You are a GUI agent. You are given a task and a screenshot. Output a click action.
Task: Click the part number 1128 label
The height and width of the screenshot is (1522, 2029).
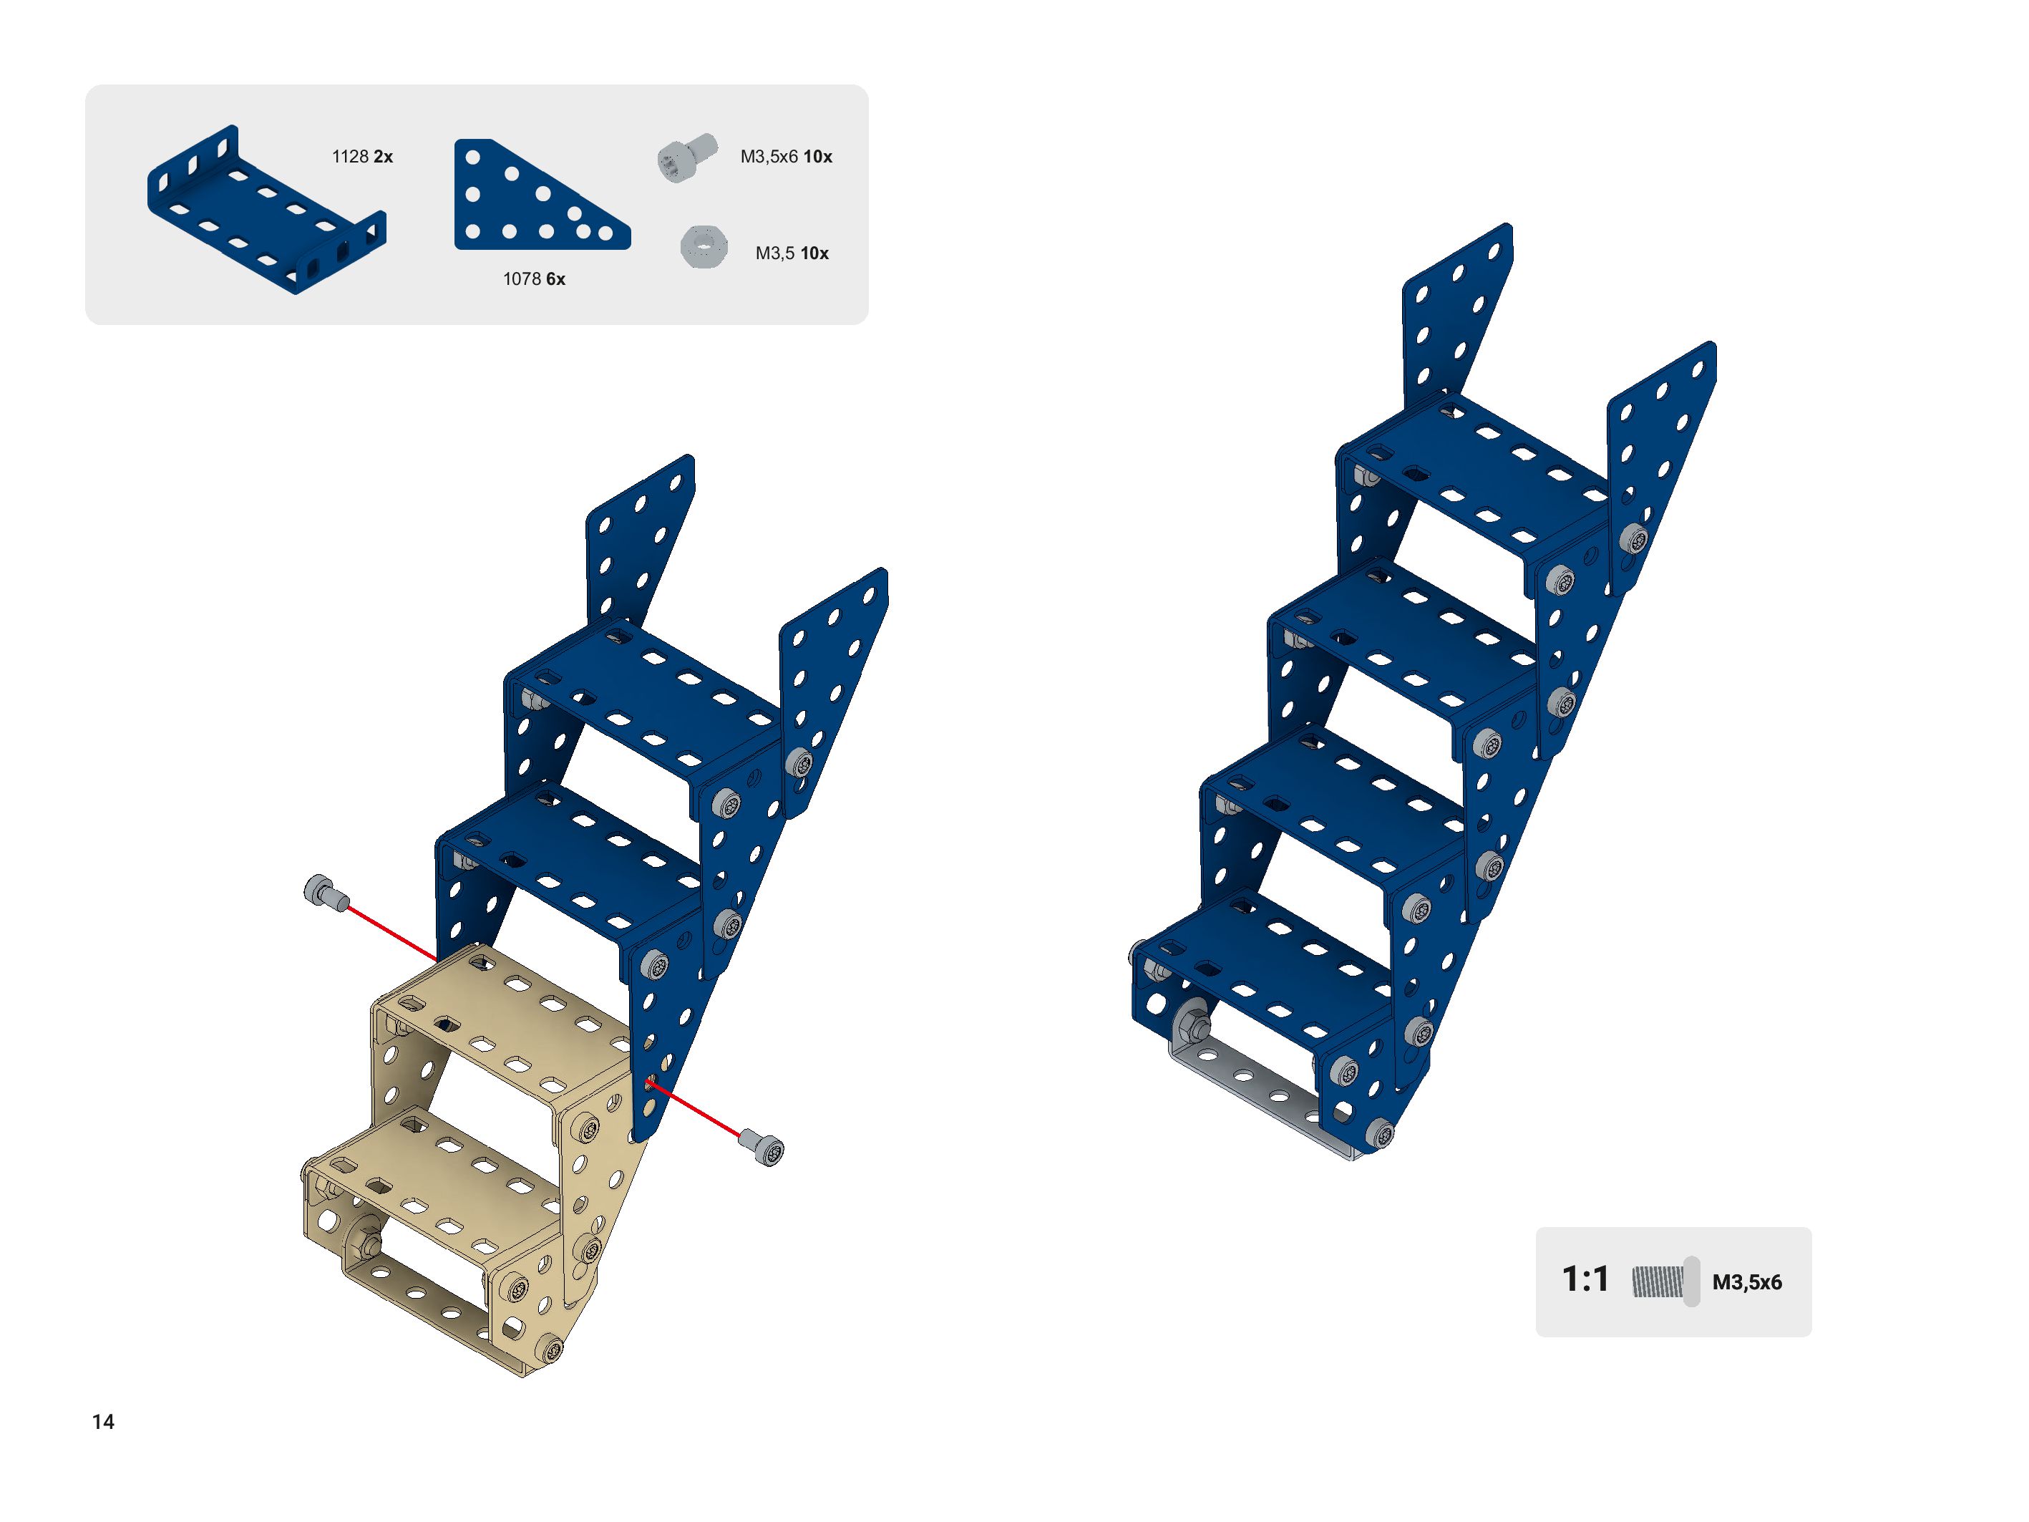tap(349, 157)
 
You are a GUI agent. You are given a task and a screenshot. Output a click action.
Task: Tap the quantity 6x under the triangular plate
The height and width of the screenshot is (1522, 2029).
tap(555, 279)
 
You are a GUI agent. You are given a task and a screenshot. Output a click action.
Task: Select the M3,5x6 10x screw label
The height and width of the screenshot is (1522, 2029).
tap(786, 157)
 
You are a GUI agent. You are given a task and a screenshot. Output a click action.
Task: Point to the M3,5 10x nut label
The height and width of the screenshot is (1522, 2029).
tap(792, 253)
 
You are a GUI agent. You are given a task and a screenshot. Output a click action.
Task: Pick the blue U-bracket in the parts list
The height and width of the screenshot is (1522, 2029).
tap(266, 210)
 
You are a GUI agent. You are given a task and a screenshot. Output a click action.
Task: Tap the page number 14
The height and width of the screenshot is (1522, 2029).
tap(103, 1422)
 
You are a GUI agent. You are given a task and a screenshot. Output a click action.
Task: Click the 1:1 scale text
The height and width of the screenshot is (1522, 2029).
tap(1585, 1279)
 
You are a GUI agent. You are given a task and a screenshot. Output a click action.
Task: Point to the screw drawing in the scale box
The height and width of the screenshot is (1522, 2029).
tap(1665, 1281)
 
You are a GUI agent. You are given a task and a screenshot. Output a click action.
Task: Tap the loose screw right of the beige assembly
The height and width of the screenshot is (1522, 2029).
tap(762, 1147)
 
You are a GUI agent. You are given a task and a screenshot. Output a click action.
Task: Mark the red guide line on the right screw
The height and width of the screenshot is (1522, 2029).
tap(694, 1111)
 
